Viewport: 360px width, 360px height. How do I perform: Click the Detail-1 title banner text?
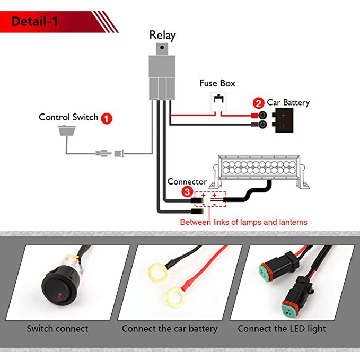click(34, 22)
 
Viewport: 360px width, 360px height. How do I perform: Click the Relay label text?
click(162, 36)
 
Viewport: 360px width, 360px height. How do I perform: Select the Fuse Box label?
click(217, 83)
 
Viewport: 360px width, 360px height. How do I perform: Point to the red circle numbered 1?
click(107, 118)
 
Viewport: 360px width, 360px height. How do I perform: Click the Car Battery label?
click(288, 102)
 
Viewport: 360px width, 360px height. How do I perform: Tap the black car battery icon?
click(284, 120)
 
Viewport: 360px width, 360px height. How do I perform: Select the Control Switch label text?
click(68, 117)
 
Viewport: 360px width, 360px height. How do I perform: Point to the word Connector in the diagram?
click(187, 181)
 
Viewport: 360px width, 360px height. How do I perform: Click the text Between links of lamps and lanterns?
click(243, 222)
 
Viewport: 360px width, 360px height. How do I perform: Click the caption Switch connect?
click(57, 329)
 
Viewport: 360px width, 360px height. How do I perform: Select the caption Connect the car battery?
click(170, 329)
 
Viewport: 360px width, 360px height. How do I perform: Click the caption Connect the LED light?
click(282, 329)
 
